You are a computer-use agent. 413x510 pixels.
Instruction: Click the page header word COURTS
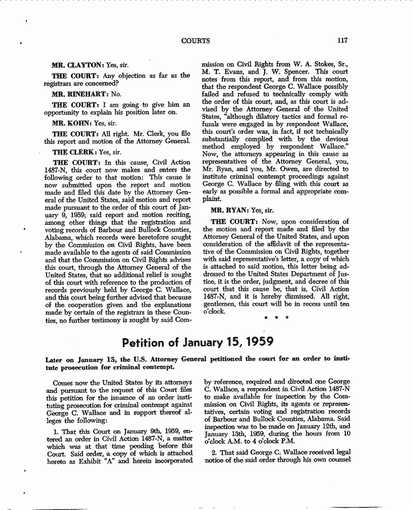click(x=195, y=41)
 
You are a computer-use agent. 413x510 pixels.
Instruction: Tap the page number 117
click(x=342, y=41)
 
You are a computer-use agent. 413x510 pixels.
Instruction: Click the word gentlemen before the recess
click(x=221, y=305)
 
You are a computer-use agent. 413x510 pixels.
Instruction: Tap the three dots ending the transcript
click(x=275, y=317)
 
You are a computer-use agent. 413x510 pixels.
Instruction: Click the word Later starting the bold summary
click(x=54, y=359)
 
